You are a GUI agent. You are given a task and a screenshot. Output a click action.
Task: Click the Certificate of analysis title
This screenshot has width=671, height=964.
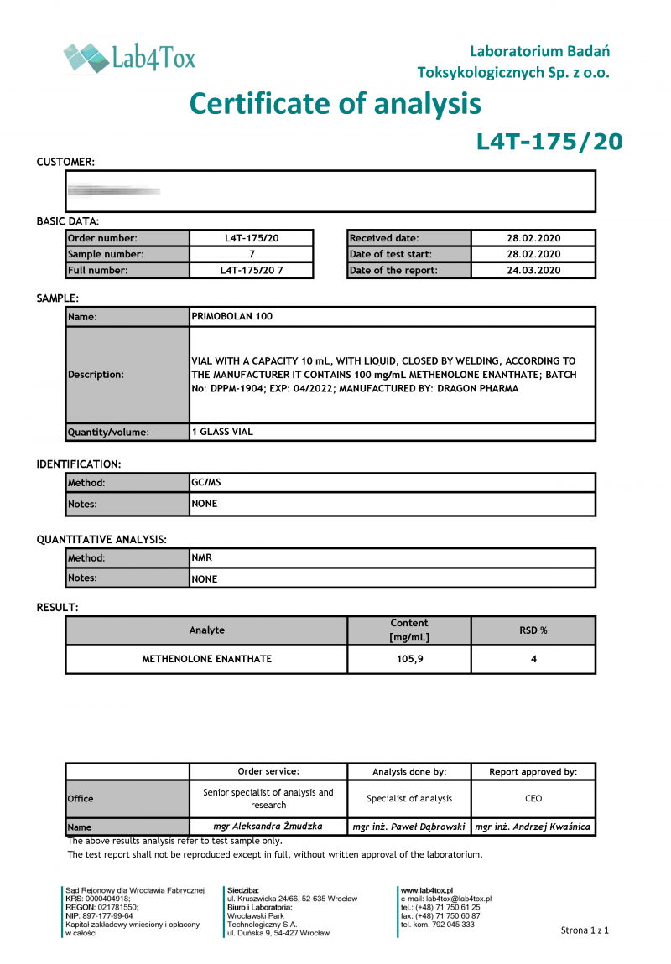335,103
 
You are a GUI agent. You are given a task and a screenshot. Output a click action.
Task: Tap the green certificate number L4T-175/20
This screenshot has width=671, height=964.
549,142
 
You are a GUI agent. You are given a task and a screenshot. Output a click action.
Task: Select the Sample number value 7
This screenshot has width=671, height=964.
252,254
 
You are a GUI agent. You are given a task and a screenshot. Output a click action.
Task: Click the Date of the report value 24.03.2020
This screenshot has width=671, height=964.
533,271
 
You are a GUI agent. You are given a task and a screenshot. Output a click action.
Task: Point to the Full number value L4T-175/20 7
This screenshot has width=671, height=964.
252,271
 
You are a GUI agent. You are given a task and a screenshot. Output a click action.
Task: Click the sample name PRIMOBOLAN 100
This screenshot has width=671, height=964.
232,317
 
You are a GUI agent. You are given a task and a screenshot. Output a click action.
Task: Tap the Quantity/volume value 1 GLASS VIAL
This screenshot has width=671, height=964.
222,432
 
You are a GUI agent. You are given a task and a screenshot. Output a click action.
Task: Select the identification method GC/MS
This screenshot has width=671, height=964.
206,483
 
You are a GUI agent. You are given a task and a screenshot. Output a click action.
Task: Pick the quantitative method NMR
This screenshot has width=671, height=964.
202,557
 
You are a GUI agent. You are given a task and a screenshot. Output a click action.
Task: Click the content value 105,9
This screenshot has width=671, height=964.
409,659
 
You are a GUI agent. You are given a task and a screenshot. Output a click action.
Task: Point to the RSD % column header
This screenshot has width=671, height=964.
533,630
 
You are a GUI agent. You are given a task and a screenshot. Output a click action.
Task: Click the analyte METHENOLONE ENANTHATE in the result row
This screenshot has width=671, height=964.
206,659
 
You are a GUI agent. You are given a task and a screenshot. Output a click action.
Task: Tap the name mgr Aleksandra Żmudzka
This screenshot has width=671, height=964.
268,827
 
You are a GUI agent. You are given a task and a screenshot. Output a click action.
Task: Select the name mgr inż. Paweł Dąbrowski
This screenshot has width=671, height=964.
409,827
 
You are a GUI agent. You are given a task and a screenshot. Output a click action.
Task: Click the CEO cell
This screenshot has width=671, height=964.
533,798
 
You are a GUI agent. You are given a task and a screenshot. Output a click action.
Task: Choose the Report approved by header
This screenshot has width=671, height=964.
533,772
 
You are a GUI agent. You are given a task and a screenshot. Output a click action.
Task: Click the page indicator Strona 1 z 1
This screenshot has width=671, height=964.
585,930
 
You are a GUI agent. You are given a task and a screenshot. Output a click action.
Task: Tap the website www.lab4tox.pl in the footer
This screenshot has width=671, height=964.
427,890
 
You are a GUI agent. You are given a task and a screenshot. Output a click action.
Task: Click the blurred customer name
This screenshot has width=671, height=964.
114,191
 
